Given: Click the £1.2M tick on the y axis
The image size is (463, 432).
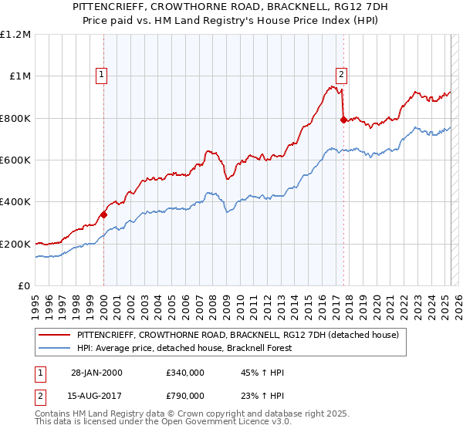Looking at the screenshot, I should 15,34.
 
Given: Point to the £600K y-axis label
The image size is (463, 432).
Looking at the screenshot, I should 15,160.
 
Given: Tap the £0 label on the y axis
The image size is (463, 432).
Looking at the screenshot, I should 23,285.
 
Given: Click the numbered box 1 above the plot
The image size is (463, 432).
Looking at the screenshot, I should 102,75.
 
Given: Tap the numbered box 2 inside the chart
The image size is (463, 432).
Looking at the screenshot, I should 341,75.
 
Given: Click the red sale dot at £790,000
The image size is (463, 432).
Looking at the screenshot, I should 343,120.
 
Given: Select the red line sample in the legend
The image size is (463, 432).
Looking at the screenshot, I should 56,335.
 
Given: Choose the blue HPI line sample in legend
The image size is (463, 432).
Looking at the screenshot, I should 56,348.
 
